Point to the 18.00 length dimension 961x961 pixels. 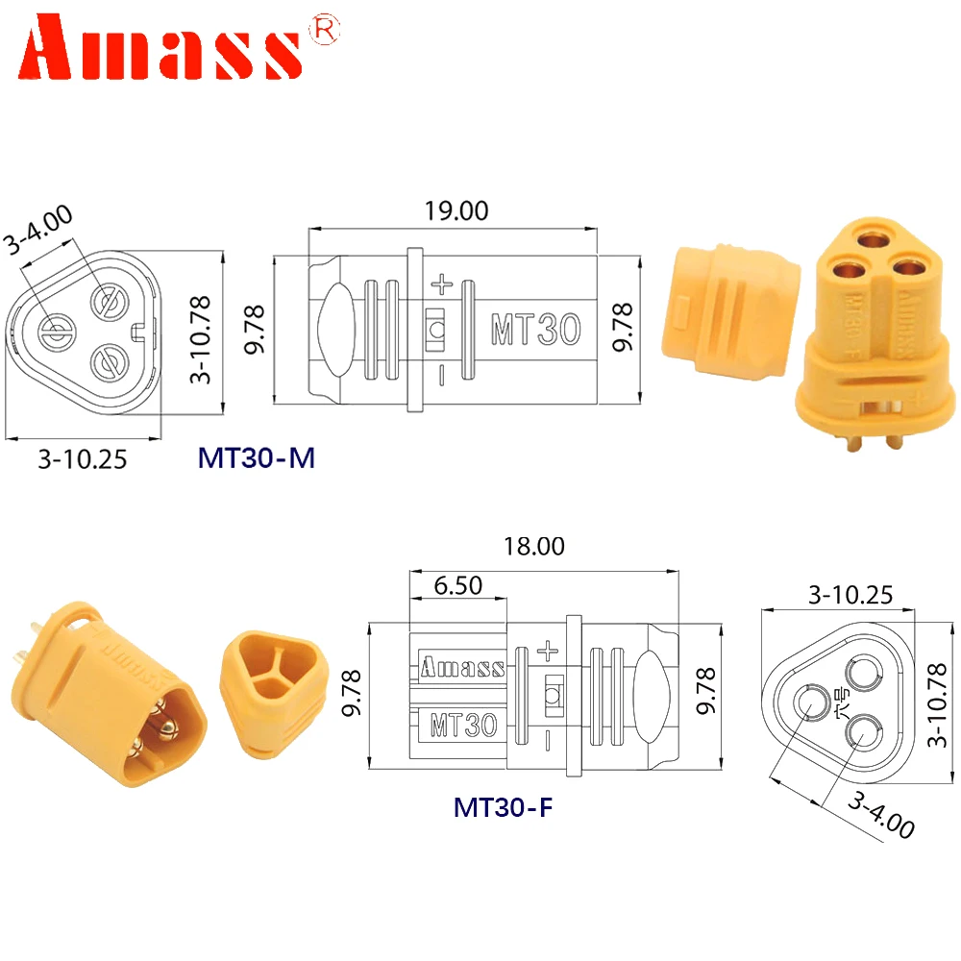(x=535, y=547)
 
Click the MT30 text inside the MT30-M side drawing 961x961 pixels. (x=535, y=330)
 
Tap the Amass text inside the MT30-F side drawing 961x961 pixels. (x=462, y=667)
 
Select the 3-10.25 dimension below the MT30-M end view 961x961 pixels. (x=83, y=459)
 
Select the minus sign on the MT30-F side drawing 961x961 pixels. (x=547, y=739)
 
